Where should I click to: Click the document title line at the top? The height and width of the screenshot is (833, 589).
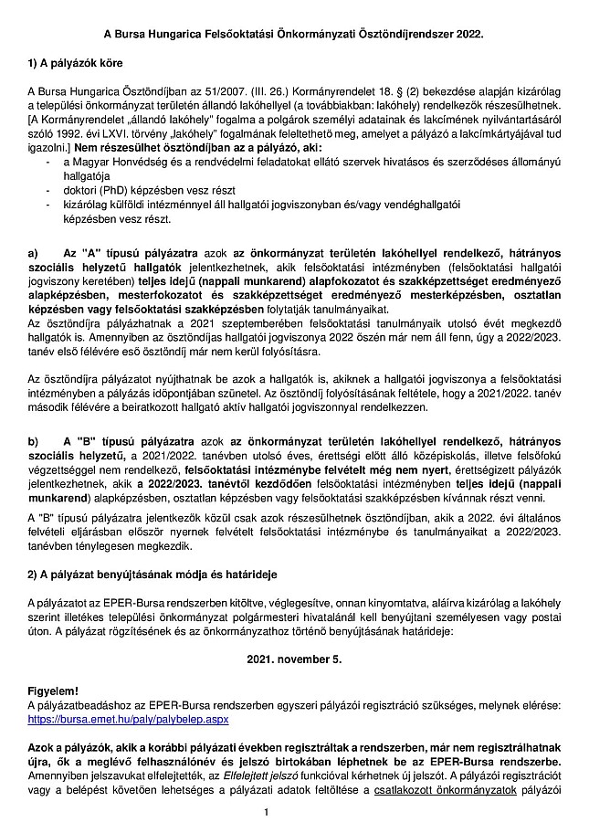point(293,33)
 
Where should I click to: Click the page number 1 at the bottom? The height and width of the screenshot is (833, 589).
point(265,812)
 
